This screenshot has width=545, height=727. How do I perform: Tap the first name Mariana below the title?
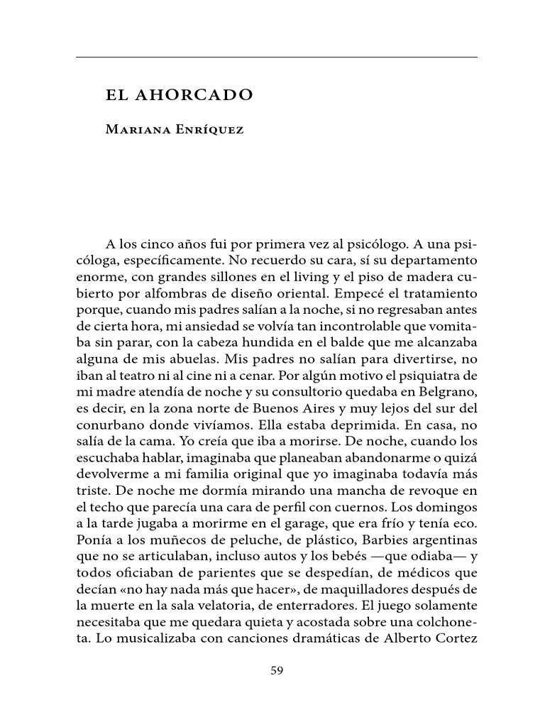(136, 130)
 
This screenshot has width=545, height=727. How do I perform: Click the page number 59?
(277, 671)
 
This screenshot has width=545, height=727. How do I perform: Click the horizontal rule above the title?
(277, 57)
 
